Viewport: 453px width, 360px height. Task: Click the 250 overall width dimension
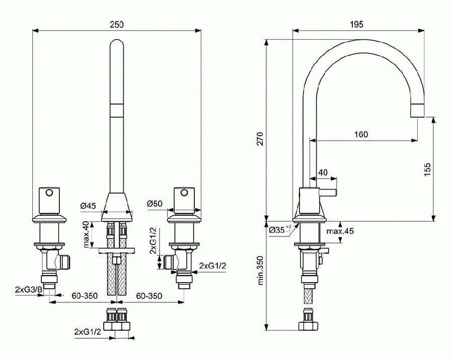point(116,24)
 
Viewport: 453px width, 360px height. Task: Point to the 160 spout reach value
point(361,134)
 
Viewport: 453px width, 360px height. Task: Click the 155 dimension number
point(427,168)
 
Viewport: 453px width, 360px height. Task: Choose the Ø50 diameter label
point(154,204)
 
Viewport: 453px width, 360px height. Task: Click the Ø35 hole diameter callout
point(279,229)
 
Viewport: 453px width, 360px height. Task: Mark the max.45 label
point(340,231)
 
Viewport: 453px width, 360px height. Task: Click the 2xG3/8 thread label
point(28,290)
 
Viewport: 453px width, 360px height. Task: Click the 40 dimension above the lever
point(323,172)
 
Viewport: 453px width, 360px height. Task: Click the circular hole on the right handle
point(183,192)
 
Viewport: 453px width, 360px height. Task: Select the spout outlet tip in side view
point(418,110)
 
